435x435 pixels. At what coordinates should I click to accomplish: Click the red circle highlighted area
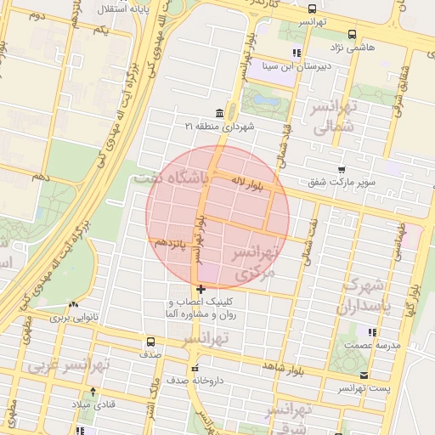(x=217, y=216)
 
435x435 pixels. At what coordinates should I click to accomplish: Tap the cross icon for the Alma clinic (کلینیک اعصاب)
(x=201, y=291)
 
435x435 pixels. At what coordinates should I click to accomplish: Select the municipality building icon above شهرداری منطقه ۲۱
(x=220, y=113)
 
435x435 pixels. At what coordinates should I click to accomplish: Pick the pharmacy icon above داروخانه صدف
(x=195, y=369)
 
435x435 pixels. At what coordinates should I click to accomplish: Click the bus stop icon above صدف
(x=150, y=342)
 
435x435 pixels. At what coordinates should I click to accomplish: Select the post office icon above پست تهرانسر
(x=364, y=375)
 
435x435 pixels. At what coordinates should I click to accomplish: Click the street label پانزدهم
(x=170, y=244)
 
